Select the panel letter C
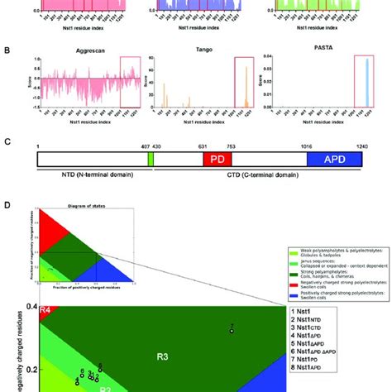click(8, 141)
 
